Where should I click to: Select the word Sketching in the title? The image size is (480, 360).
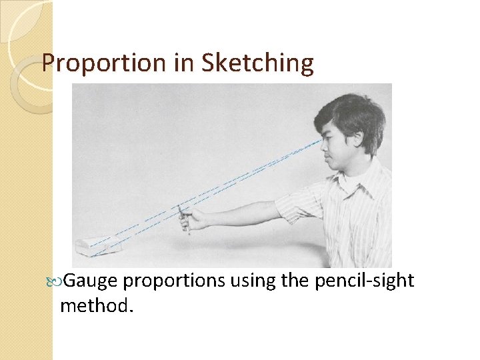tap(257, 63)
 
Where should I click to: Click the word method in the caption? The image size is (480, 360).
tap(94, 306)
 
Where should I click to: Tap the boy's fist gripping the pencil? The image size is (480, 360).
tap(193, 219)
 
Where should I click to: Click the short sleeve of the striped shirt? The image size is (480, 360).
tap(299, 203)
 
